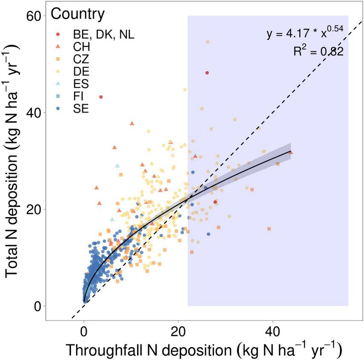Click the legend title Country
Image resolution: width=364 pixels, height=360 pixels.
click(77, 14)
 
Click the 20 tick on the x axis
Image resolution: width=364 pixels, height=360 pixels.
click(178, 330)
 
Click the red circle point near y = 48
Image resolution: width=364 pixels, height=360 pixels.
click(207, 73)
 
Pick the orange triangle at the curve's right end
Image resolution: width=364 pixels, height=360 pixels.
click(291, 152)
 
